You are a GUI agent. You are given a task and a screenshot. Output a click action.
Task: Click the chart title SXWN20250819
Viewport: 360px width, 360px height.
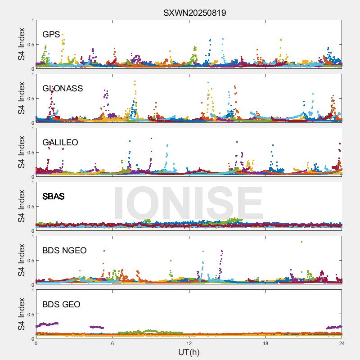pos(194,13)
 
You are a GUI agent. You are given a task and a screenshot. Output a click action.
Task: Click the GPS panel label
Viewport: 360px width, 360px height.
pos(51,35)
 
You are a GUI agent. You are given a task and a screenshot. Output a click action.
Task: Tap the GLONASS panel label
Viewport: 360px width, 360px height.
pos(63,89)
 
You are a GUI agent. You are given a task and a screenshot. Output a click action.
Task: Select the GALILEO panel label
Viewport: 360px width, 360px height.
pos(60,143)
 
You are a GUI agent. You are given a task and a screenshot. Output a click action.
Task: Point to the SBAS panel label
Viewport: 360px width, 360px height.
pos(53,197)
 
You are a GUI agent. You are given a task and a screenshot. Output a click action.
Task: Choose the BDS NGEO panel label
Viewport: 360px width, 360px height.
pos(64,251)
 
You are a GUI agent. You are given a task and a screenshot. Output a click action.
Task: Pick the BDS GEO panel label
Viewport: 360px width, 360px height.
pos(61,305)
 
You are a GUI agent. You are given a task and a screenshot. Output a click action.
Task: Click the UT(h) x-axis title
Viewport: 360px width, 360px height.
pos(189,352)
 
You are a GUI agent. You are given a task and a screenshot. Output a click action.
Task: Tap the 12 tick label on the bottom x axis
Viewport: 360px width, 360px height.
pos(189,343)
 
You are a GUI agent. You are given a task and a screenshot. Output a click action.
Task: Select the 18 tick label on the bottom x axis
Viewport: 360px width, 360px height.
pos(265,343)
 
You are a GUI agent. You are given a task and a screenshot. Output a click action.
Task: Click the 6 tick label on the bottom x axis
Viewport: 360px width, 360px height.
pos(112,343)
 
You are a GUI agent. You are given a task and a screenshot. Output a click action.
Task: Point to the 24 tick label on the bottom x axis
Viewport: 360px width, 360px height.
pos(342,343)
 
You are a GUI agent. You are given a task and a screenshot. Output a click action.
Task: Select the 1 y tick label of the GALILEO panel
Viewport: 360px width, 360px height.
pos(32,128)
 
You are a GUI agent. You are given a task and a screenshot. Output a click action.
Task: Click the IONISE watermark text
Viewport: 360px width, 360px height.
pos(189,203)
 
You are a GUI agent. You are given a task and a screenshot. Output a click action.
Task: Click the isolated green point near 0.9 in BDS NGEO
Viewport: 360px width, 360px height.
pos(301,242)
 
